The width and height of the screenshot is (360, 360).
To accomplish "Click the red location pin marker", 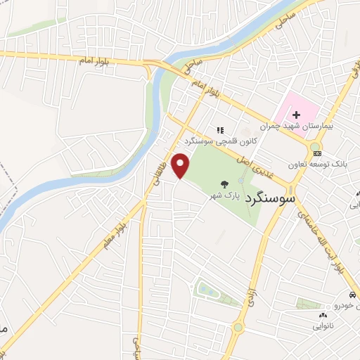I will pyautogui.click(x=182, y=166).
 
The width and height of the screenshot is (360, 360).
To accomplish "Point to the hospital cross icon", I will pyautogui.click(x=297, y=114).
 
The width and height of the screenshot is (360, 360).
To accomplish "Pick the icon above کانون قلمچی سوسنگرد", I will pyautogui.click(x=219, y=129).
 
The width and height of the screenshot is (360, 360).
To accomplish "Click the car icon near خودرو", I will pyautogui.click(x=351, y=295).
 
